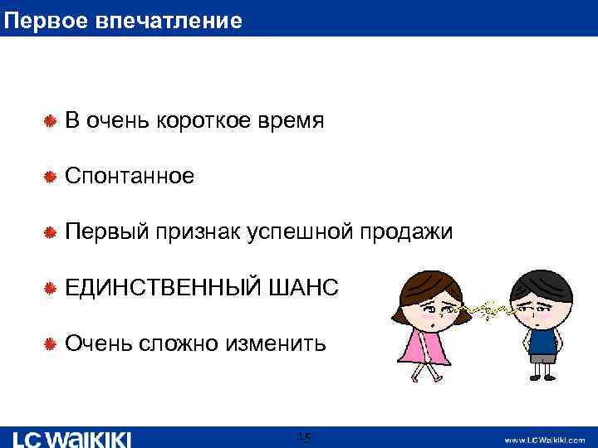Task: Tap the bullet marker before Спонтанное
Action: click(x=49, y=176)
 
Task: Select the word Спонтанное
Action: click(x=130, y=176)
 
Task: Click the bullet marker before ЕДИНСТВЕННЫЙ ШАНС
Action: click(x=49, y=287)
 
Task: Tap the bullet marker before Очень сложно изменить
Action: click(x=49, y=343)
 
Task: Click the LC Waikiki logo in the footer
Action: click(x=73, y=438)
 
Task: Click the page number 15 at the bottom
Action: click(x=304, y=437)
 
